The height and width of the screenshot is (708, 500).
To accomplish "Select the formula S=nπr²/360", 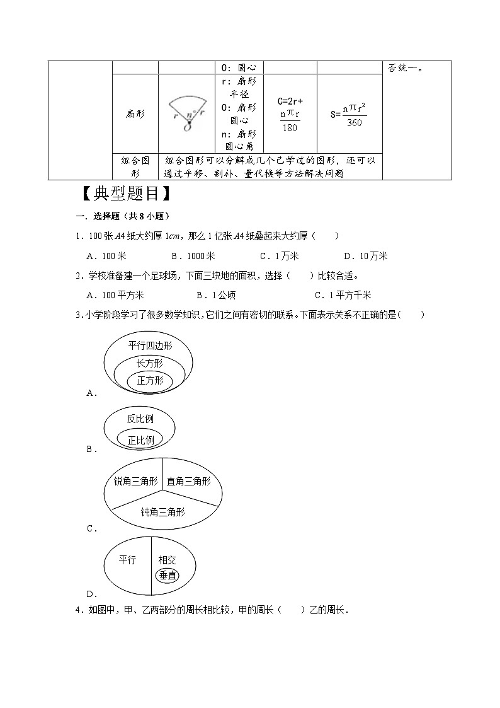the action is point(349,114).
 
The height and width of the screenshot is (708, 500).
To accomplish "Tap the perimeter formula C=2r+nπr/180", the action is point(290,114).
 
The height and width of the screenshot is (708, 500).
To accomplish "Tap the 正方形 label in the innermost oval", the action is point(150,380).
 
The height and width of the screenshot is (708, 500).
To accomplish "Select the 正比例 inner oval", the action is point(140,440).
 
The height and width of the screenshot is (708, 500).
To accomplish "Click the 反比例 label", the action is point(140,419).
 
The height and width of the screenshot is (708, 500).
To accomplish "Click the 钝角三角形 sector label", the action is point(162,512).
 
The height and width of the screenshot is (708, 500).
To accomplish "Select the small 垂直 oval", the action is point(168,575).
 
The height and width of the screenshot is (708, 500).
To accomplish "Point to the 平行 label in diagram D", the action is point(127,559).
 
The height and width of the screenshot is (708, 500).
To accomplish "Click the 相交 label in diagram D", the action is point(168,559).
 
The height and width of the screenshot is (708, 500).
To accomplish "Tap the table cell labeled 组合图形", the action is point(135,166).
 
